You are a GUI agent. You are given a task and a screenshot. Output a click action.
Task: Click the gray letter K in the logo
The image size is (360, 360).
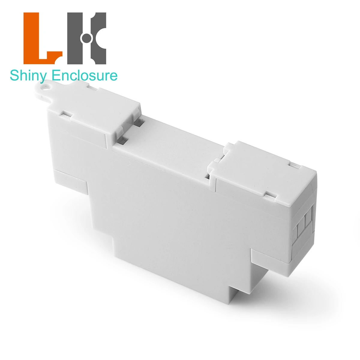click(x=87, y=38)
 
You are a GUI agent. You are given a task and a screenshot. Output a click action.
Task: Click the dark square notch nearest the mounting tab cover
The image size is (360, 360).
click(x=139, y=123)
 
